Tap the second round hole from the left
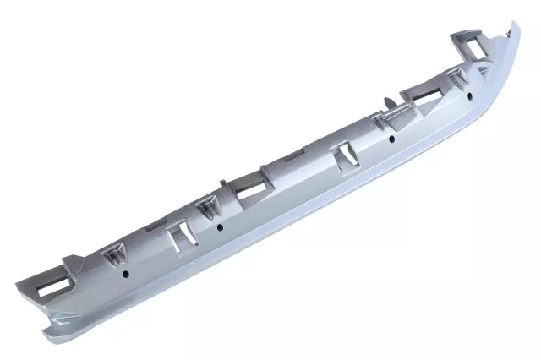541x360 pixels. click(220, 226)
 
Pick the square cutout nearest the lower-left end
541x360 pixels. click(180, 237)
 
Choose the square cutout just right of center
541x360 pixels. click(347, 154)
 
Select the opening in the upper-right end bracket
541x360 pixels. click(470, 42)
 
